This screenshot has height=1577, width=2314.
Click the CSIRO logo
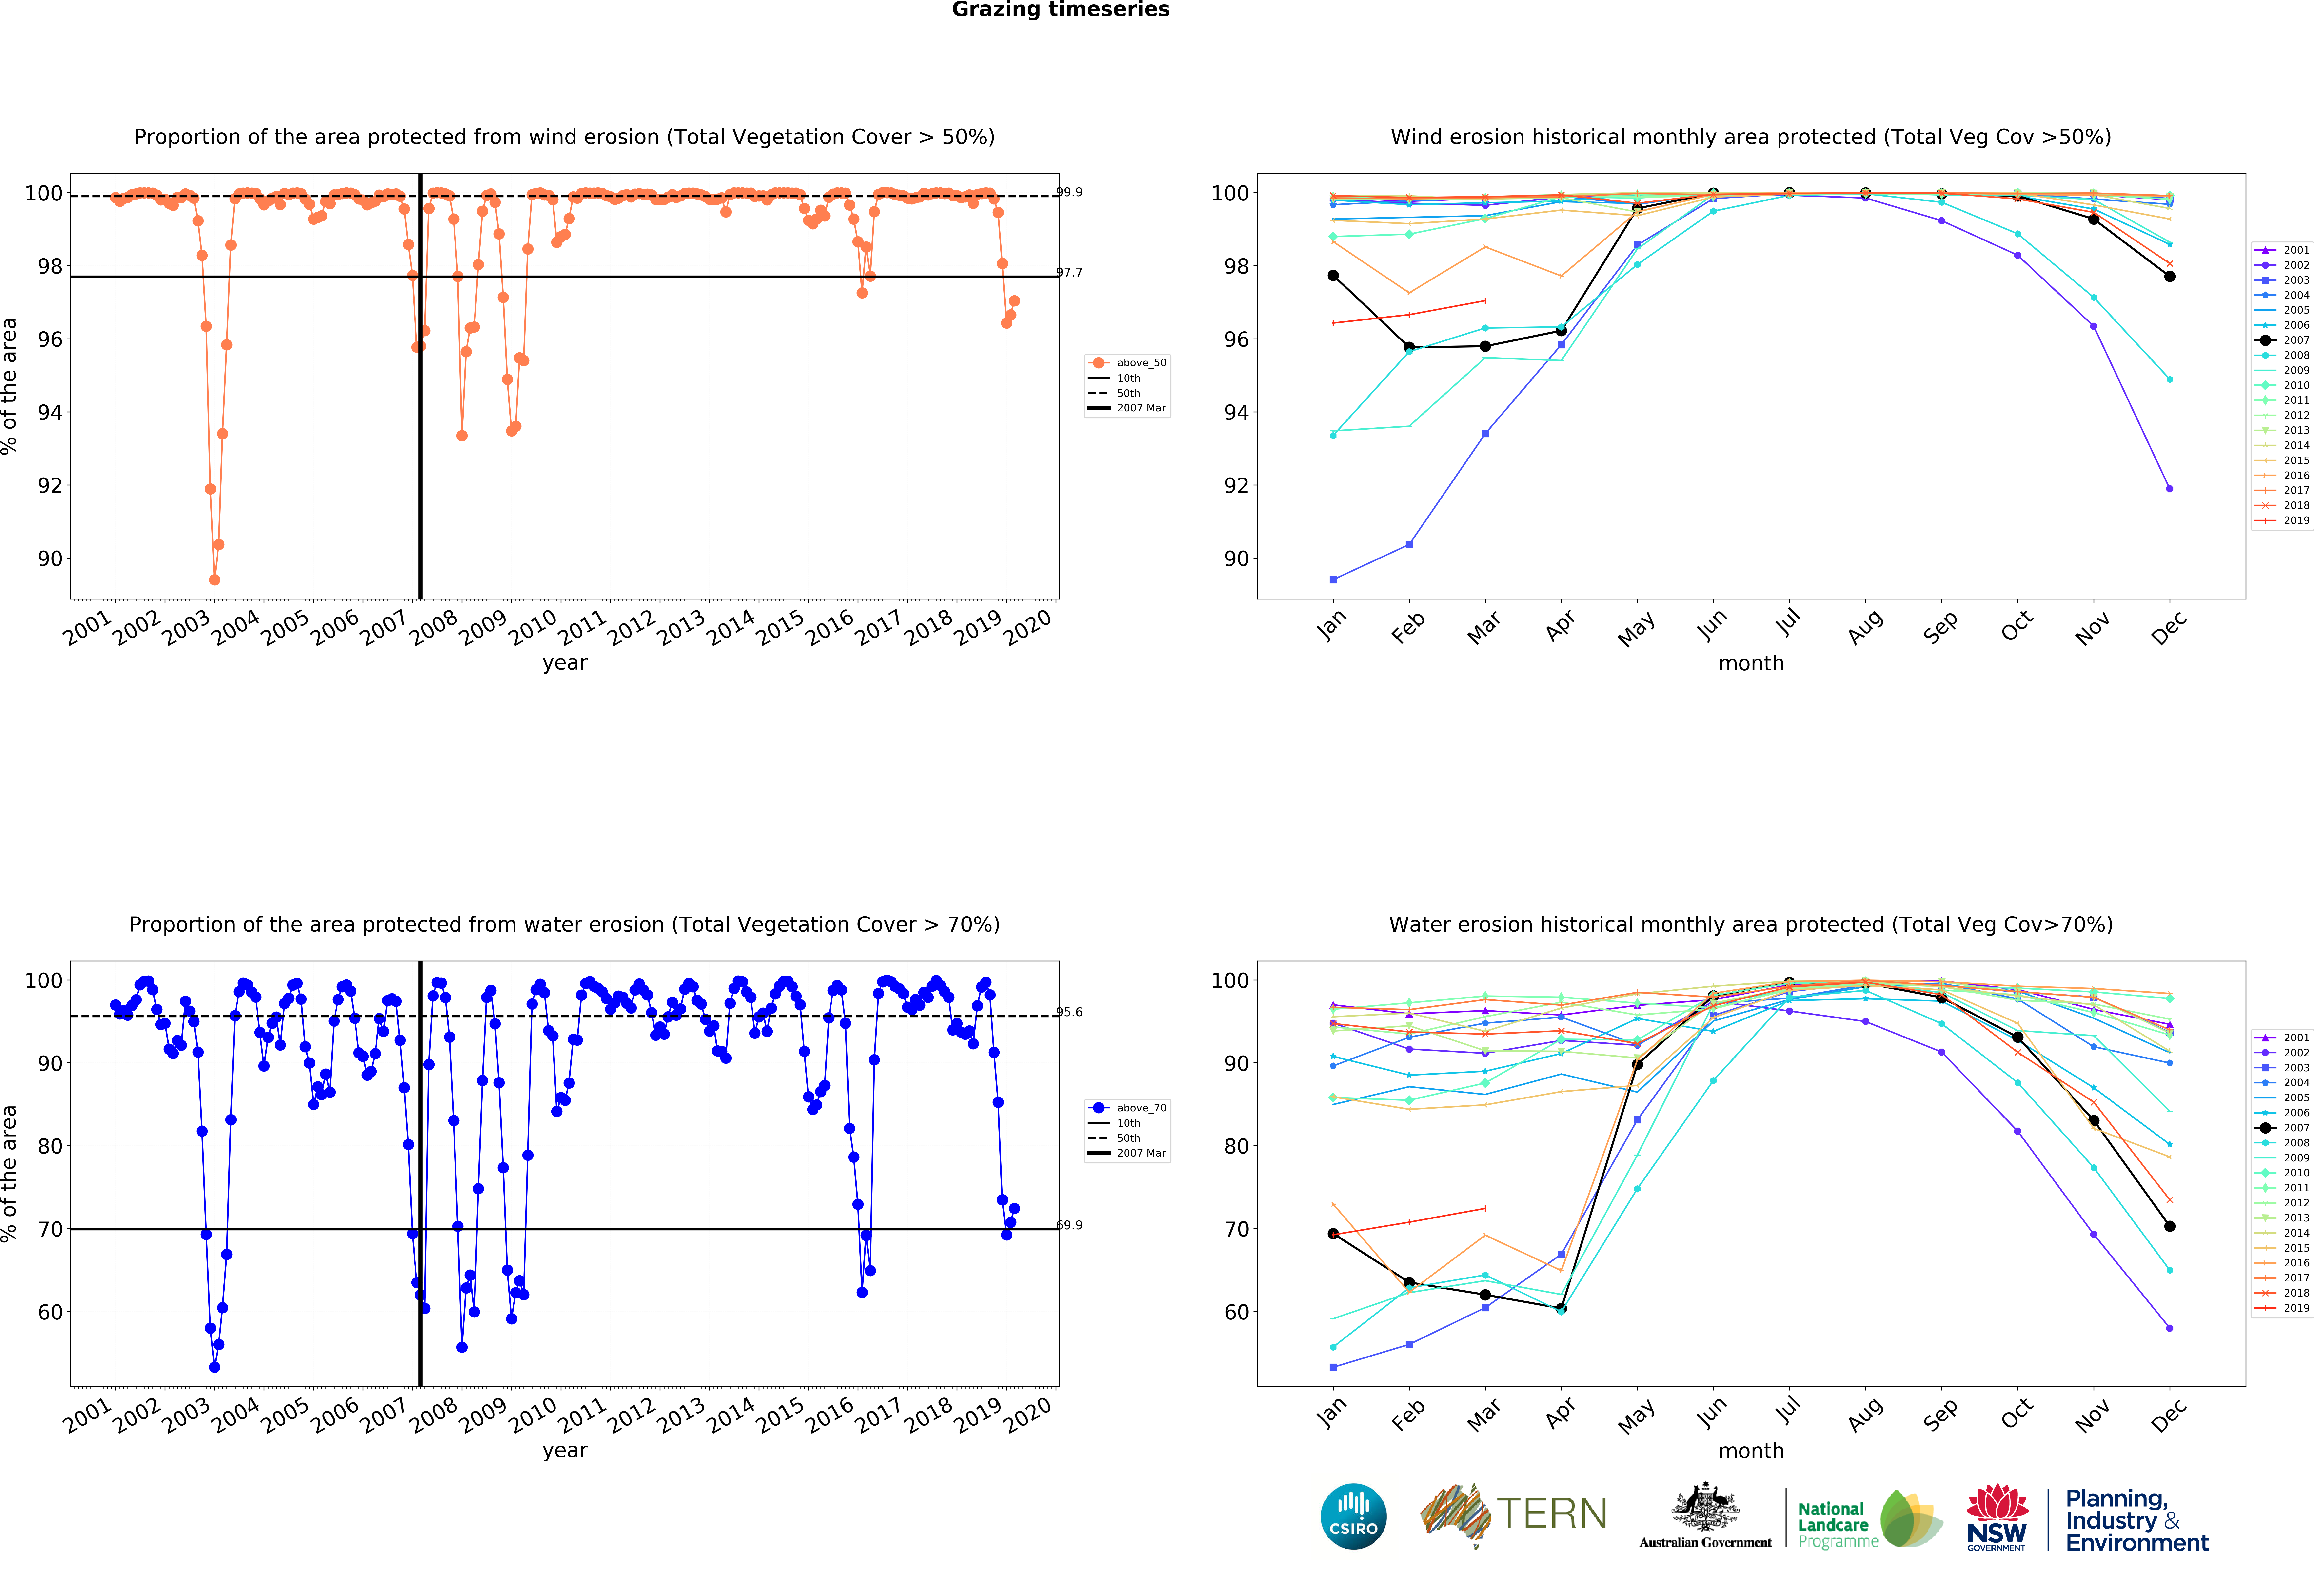point(1353,1516)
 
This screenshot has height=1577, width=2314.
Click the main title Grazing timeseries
point(1060,10)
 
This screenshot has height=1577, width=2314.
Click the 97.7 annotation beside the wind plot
point(1069,272)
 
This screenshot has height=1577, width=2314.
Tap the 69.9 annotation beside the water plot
point(1069,1225)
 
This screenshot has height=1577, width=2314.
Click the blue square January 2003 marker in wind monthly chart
point(1333,579)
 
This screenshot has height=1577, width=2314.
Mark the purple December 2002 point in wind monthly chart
point(2170,489)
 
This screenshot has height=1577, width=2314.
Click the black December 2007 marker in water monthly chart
point(2170,1226)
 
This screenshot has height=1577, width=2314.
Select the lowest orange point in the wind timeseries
point(214,579)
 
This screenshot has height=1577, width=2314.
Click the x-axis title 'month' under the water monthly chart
point(1750,1451)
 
